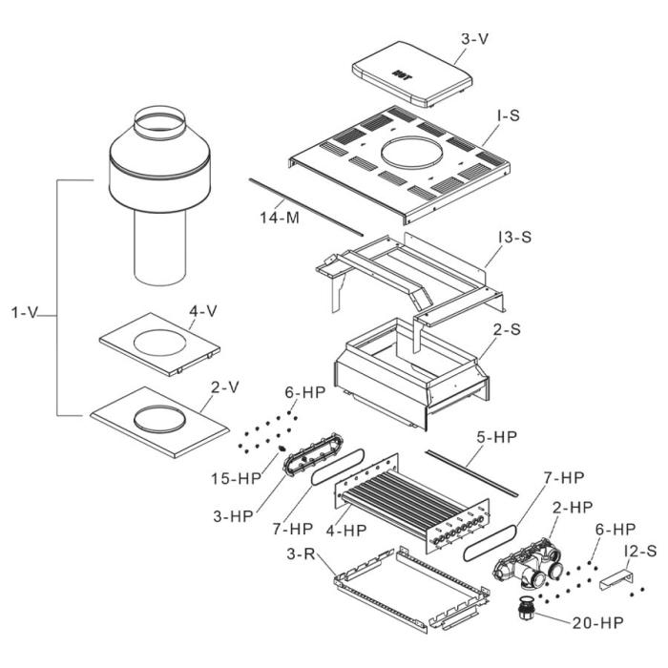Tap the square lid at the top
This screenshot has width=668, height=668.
pos(412,77)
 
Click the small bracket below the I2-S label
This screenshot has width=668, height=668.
pos(616,580)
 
